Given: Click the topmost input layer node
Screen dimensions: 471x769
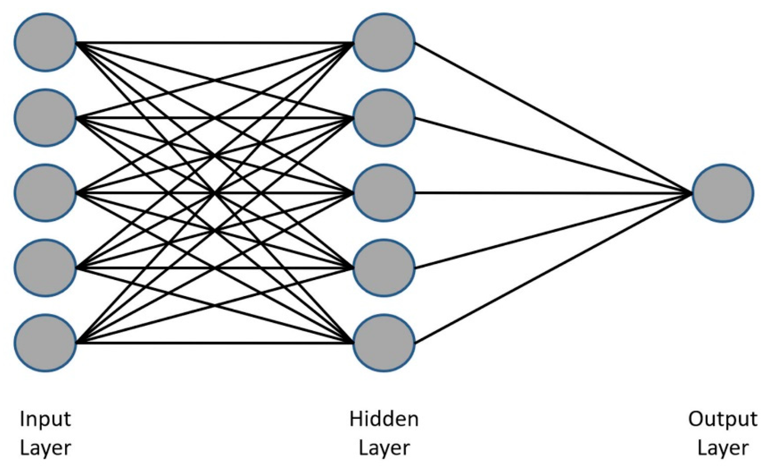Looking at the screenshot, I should click(45, 42).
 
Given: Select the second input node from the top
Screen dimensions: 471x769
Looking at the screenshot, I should click(45, 118).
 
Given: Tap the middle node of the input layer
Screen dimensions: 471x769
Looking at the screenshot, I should click(45, 193).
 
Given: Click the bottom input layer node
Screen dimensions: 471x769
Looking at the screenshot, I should click(45, 343).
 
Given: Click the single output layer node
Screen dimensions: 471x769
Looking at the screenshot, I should click(723, 193).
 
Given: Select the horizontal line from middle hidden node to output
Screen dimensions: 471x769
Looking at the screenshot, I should click(551, 193).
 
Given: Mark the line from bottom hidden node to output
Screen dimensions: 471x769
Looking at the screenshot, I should click(551, 269).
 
